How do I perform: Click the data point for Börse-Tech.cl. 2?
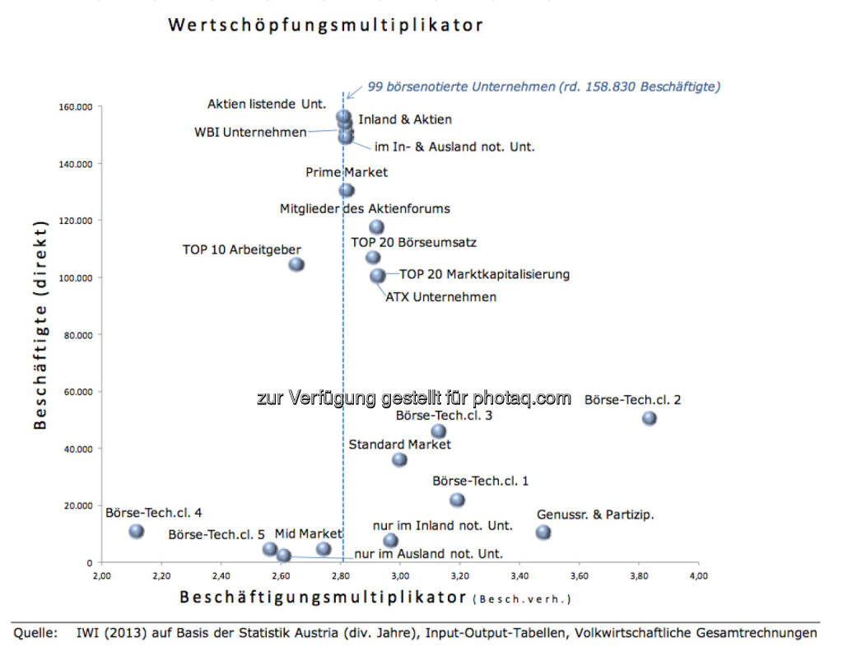click(650, 418)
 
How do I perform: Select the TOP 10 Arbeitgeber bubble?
click(296, 264)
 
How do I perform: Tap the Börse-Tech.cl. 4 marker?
click(137, 532)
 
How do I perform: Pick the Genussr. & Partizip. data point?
click(543, 533)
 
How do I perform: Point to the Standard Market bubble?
click(399, 459)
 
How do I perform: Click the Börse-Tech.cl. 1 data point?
click(458, 500)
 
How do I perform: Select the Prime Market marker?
click(347, 190)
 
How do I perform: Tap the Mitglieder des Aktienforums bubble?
click(377, 227)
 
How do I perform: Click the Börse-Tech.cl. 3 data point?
click(439, 431)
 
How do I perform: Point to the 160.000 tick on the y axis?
click(76, 106)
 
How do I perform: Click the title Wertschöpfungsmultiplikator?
click(325, 26)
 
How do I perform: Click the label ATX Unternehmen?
click(441, 297)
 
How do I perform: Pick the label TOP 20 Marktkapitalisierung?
click(485, 274)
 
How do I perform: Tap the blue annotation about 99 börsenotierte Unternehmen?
click(544, 86)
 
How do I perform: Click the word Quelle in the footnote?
click(35, 633)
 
